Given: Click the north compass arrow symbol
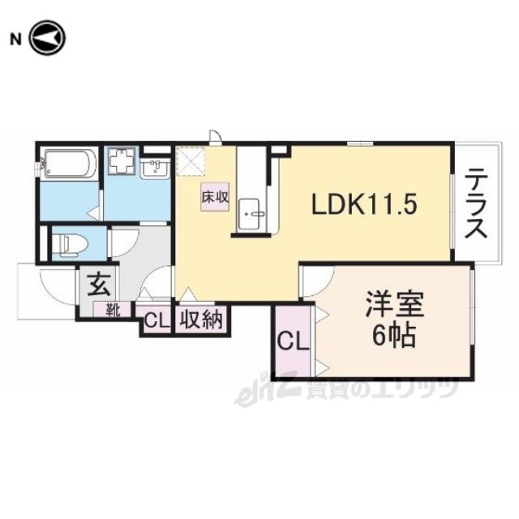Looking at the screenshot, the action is pyautogui.click(x=47, y=38).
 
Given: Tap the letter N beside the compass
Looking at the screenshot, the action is pyautogui.click(x=15, y=40).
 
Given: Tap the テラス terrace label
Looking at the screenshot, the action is pyautogui.click(x=476, y=203).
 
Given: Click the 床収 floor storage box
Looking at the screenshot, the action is pyautogui.click(x=215, y=197).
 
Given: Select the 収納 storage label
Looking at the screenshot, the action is pyautogui.click(x=201, y=320).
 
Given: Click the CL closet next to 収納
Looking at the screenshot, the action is pyautogui.click(x=156, y=320).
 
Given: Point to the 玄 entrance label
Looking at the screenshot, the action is pyautogui.click(x=98, y=285).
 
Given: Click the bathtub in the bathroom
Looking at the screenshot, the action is pyautogui.click(x=69, y=165).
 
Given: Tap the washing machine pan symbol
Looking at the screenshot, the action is pyautogui.click(x=122, y=163).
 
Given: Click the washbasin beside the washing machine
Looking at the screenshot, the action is pyautogui.click(x=155, y=169).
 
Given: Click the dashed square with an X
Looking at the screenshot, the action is pyautogui.click(x=191, y=161).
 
